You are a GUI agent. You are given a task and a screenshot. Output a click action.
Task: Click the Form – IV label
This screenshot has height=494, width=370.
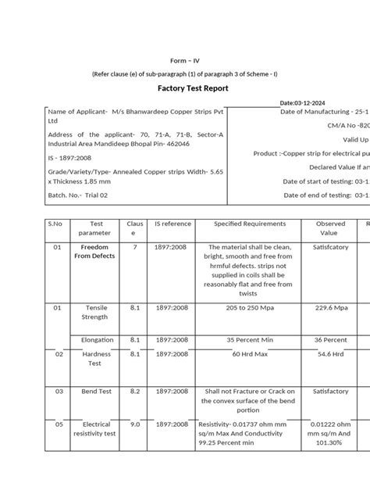(185, 60)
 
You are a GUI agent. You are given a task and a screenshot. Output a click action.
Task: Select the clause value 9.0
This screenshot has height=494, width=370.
(134, 424)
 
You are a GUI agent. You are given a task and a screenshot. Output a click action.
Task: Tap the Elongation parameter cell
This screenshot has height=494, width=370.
(98, 340)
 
